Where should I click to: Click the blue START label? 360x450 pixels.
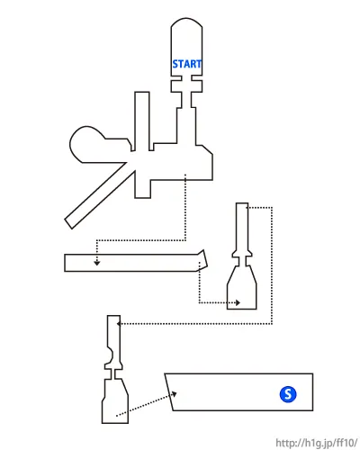tap(186, 64)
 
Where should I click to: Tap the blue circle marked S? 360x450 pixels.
tap(288, 394)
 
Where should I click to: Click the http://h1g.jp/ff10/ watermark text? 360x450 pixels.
tap(317, 443)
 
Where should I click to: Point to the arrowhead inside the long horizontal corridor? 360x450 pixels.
tap(96, 263)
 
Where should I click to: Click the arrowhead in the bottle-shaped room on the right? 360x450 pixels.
tap(238, 302)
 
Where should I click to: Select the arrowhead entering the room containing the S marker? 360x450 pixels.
tap(174, 394)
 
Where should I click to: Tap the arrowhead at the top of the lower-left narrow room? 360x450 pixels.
tap(119, 324)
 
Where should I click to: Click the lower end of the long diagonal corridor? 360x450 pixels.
tap(69, 224)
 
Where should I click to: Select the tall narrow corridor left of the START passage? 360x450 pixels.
tap(142, 120)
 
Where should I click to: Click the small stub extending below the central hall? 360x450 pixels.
tap(142, 189)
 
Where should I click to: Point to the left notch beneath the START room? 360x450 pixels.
tap(176, 78)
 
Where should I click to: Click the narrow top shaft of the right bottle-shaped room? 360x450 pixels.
tap(242, 227)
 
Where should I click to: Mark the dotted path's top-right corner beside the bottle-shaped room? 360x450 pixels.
tap(272, 207)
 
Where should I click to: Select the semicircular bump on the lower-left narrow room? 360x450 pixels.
tap(110, 355)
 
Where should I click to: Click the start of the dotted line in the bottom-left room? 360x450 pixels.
tap(117, 416)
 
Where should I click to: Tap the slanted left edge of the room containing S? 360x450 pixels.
tap(169, 392)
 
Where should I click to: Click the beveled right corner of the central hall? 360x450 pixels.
tap(207, 150)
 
